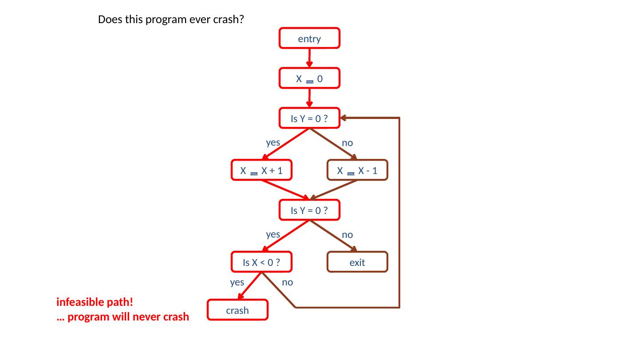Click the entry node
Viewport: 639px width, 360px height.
click(309, 39)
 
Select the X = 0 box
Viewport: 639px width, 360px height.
click(309, 79)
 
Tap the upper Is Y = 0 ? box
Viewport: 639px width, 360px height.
click(309, 119)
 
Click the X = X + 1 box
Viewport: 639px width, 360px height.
click(261, 170)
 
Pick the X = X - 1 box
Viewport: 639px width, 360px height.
click(357, 170)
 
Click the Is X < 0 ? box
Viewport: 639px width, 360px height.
click(261, 262)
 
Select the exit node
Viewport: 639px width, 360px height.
click(357, 262)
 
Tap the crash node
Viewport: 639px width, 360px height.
click(237, 310)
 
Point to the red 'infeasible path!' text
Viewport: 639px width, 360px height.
click(95, 302)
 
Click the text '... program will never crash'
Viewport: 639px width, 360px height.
click(123, 317)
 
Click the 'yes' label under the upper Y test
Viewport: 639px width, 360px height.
click(272, 142)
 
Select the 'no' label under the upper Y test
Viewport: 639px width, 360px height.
click(347, 143)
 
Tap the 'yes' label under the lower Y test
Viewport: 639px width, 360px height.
click(272, 234)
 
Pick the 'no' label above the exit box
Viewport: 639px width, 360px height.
click(347, 234)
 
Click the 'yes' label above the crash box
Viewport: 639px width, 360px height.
click(237, 282)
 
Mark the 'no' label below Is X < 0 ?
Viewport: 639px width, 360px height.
click(287, 282)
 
